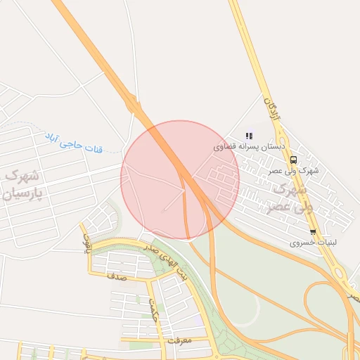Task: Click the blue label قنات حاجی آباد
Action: point(74,142)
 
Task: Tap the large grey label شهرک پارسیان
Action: point(23,184)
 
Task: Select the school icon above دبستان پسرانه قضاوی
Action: point(248,136)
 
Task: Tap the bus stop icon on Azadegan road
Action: point(293,160)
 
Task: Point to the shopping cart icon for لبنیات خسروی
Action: point(313,232)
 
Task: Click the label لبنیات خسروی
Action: point(314,243)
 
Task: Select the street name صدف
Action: point(116,277)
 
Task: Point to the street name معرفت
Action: point(180,340)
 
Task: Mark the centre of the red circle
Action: point(180,180)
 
